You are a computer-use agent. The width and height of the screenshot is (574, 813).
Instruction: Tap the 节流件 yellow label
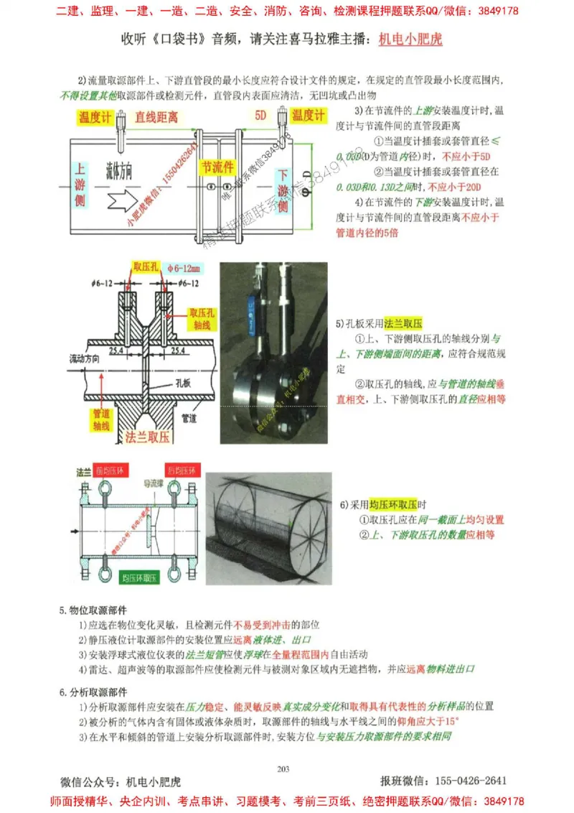[218, 167]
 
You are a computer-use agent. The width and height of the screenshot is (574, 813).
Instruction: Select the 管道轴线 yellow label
[101, 419]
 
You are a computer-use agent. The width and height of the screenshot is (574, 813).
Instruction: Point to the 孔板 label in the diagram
[183, 382]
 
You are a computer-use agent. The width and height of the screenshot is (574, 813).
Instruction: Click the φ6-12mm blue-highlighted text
[184, 269]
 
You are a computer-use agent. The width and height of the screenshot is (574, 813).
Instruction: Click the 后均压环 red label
[181, 471]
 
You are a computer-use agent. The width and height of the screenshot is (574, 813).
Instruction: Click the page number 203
[283, 769]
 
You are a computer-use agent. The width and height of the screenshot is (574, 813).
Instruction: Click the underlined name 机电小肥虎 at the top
[410, 39]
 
